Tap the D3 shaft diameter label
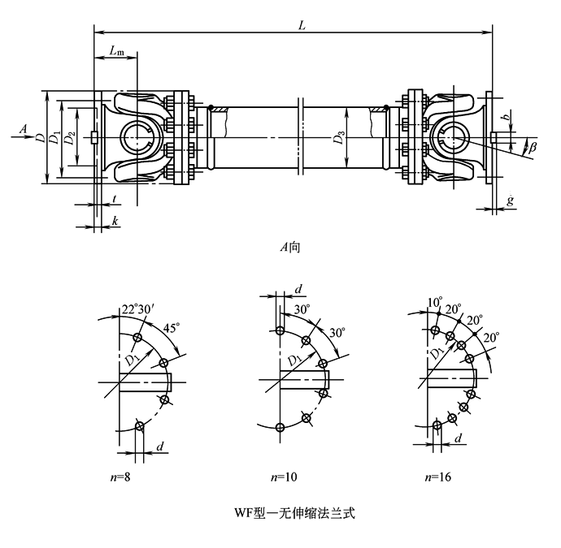[337, 139]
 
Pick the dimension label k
[115, 221]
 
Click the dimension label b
[508, 119]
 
